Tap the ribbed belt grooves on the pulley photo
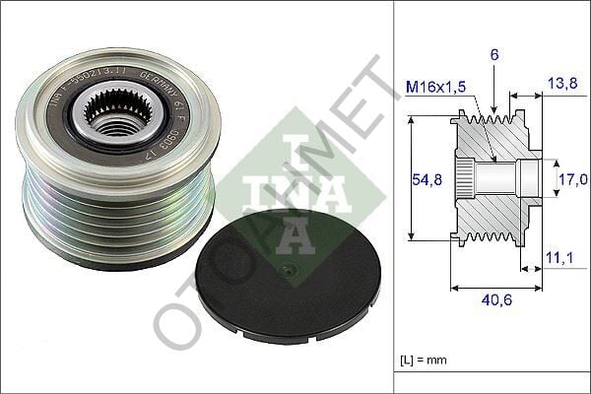[108, 212]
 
